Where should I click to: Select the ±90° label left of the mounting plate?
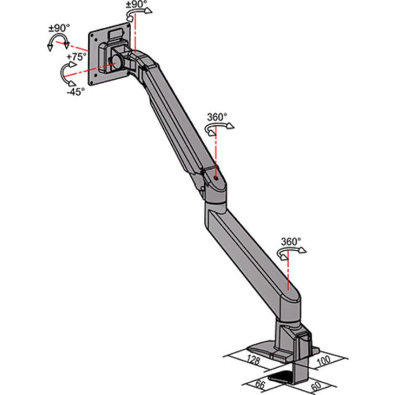click(x=59, y=28)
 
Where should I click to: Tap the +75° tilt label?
click(x=77, y=57)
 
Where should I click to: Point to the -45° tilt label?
click(x=76, y=91)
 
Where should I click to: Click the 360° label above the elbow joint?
click(x=217, y=117)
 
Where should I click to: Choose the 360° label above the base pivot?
click(x=291, y=241)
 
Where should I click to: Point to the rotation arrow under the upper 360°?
click(x=218, y=128)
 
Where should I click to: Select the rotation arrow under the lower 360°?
click(x=291, y=252)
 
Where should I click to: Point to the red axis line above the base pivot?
click(x=289, y=273)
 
